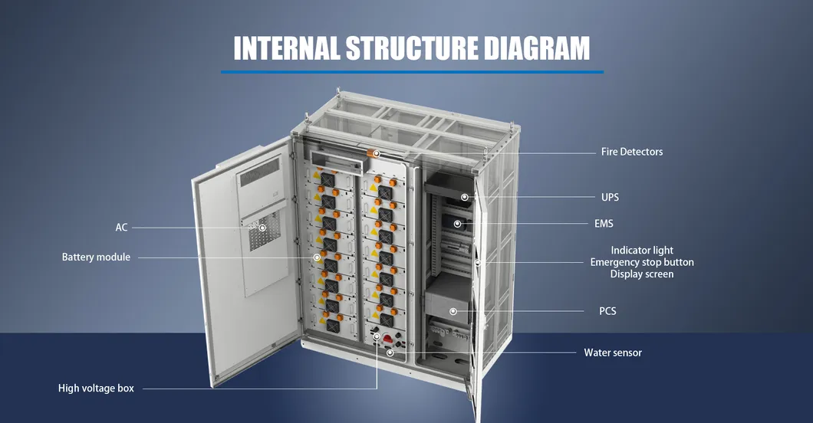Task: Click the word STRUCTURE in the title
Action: pyautogui.click(x=412, y=48)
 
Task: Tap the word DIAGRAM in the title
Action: pyautogui.click(x=537, y=48)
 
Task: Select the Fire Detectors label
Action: pyautogui.click(x=631, y=152)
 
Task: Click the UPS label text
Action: pyautogui.click(x=610, y=197)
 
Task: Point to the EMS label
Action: pyautogui.click(x=604, y=224)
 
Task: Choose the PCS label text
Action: pyautogui.click(x=607, y=311)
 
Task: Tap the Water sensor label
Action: pyautogui.click(x=613, y=352)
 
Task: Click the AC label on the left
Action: pyautogui.click(x=121, y=228)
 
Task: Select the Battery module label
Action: pyautogui.click(x=96, y=257)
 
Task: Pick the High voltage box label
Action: pyautogui.click(x=96, y=389)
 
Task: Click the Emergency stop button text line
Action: pyautogui.click(x=642, y=262)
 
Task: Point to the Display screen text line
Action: pyautogui.click(x=642, y=274)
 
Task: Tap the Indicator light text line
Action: pyautogui.click(x=642, y=250)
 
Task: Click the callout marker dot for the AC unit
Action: pyautogui.click(x=262, y=228)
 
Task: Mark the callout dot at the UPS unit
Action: pyautogui.click(x=465, y=197)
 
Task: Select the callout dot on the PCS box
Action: pyautogui.click(x=453, y=311)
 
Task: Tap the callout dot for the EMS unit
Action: pyautogui.click(x=458, y=224)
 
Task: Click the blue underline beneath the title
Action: pyautogui.click(x=412, y=72)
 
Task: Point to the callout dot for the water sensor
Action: pyautogui.click(x=390, y=352)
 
